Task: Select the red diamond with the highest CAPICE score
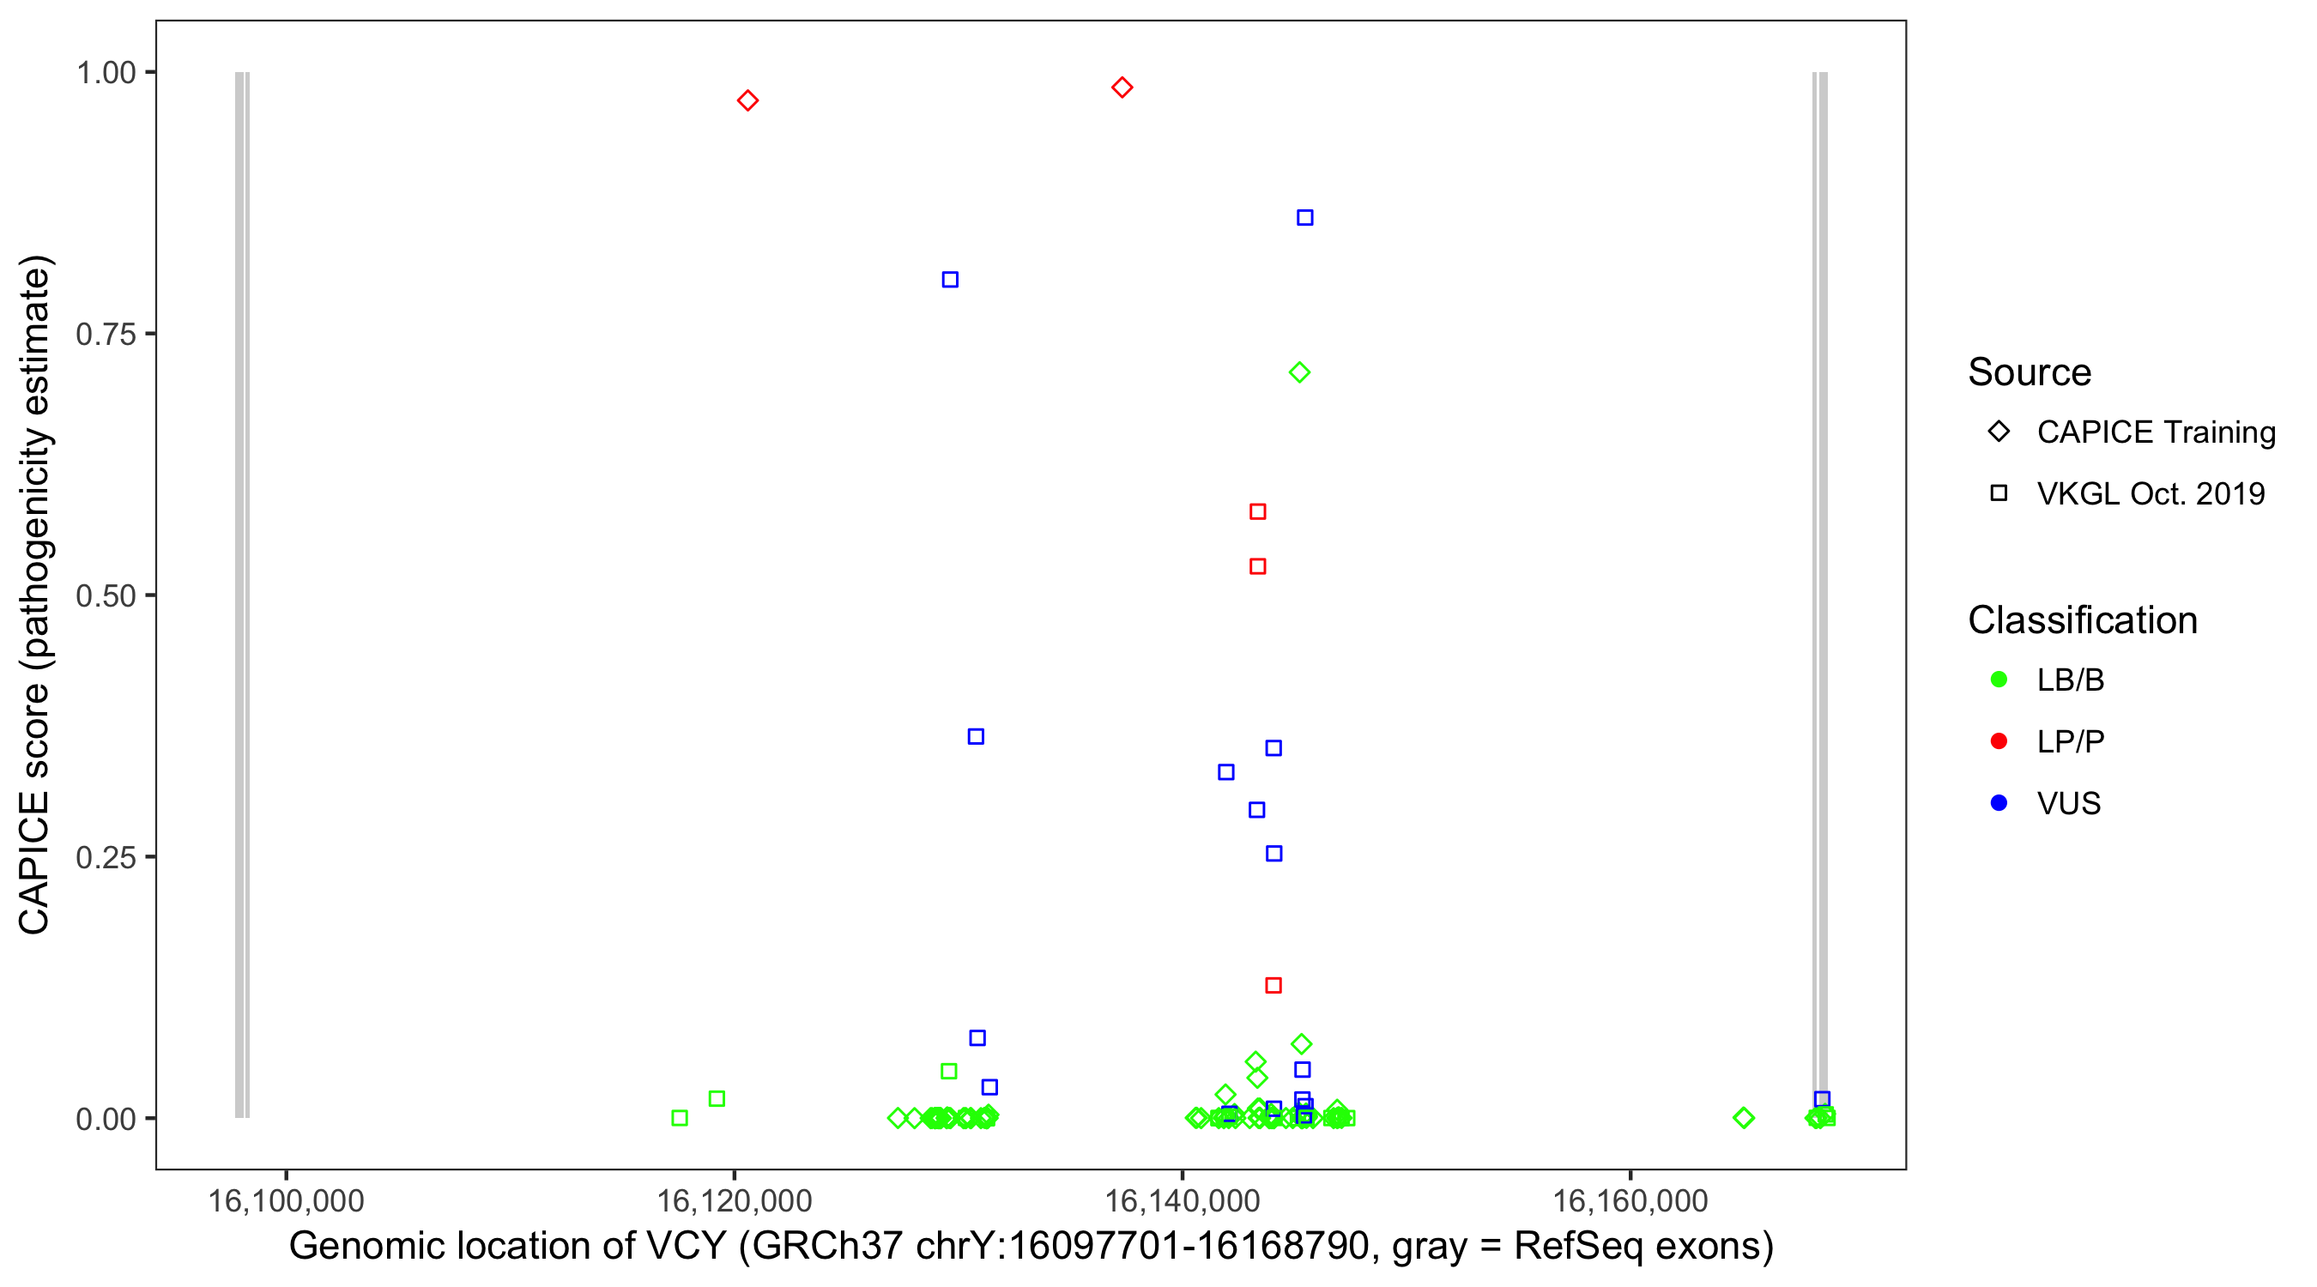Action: click(x=1122, y=88)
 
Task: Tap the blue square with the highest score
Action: click(x=1304, y=218)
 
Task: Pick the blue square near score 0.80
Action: click(x=950, y=280)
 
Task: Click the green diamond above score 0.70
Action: click(x=1299, y=372)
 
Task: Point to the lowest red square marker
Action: click(x=1273, y=986)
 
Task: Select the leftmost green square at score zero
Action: click(x=680, y=1118)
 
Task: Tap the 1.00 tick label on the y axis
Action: click(x=106, y=73)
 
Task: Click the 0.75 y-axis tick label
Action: click(x=106, y=335)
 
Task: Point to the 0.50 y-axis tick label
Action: click(x=106, y=595)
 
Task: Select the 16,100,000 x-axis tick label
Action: click(x=286, y=1200)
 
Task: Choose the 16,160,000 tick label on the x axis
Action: click(x=1630, y=1200)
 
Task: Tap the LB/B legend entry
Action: click(x=2070, y=680)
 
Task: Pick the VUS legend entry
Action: click(x=2068, y=803)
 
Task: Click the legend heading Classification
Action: click(x=2082, y=620)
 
